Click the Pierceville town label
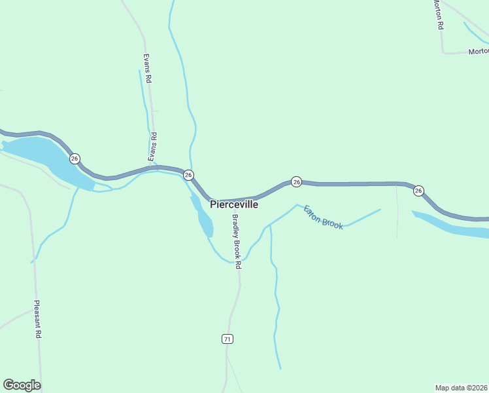[234, 204]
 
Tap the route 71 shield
[227, 339]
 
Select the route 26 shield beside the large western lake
[75, 159]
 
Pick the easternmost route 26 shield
[418, 191]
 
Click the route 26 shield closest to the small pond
[188, 175]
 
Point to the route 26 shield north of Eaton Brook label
[296, 181]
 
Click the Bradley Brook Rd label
[236, 242]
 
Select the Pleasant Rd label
[38, 319]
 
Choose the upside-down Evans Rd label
[152, 147]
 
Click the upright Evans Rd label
[148, 67]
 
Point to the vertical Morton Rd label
[439, 14]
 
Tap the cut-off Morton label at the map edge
[478, 51]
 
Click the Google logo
[22, 385]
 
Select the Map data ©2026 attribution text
[462, 388]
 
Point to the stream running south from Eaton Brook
[276, 301]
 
